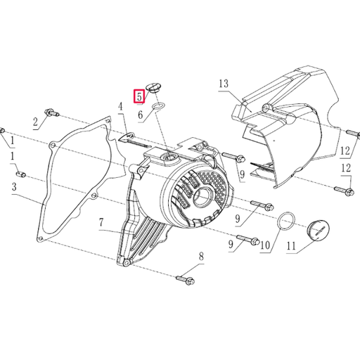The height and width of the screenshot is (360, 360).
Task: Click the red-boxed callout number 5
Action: coord(140,94)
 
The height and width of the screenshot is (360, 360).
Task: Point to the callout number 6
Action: coord(141,114)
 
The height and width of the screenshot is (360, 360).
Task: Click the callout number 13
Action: coord(224,84)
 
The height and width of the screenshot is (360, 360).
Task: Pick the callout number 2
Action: coord(35,122)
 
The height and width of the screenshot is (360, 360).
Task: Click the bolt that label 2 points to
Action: coord(51,112)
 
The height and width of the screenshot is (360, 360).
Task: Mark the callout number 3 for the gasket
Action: coord(13,187)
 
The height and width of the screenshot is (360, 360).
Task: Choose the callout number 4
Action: coord(120,106)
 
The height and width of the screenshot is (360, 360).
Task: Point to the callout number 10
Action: coord(265,245)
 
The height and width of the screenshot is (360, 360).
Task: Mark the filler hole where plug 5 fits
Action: coord(169,154)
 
